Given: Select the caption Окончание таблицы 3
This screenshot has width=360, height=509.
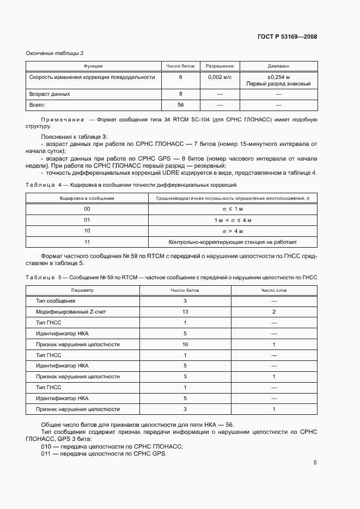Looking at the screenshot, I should [x=55, y=53].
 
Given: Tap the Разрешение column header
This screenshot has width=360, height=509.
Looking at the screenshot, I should [x=219, y=66].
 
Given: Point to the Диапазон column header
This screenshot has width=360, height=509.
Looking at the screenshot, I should [x=278, y=66].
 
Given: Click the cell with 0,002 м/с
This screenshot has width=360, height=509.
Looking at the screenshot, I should [x=219, y=77].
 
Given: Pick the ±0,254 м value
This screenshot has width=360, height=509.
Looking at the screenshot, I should [x=278, y=77].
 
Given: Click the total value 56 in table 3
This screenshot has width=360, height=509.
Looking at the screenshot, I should [x=180, y=105].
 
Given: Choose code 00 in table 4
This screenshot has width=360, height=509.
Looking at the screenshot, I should [x=87, y=209].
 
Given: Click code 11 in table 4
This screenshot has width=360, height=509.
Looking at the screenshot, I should [x=87, y=242].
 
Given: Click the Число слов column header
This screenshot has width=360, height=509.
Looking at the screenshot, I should [x=273, y=290].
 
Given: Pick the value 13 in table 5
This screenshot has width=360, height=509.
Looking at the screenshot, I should [x=185, y=312].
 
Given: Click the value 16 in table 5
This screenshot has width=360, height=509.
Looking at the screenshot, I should [x=185, y=345].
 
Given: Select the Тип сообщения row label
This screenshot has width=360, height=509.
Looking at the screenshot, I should [x=56, y=301].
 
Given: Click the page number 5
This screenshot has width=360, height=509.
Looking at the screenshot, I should [x=315, y=463].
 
